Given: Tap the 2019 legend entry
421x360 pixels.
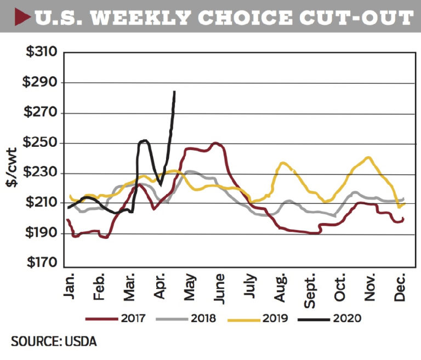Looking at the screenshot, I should point(276,317).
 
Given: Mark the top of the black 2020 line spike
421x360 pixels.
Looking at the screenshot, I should point(174,92).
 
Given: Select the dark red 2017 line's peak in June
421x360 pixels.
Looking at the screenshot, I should point(216,143).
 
